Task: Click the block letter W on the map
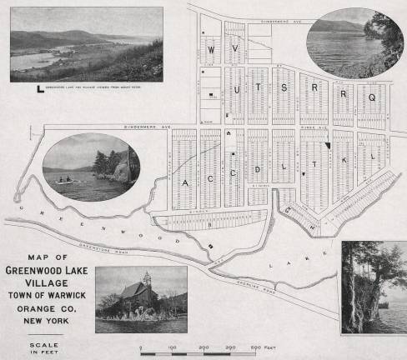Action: pyautogui.click(x=211, y=49)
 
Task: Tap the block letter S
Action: pyautogui.click(x=283, y=87)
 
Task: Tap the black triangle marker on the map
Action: pyautogui.click(x=329, y=145)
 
